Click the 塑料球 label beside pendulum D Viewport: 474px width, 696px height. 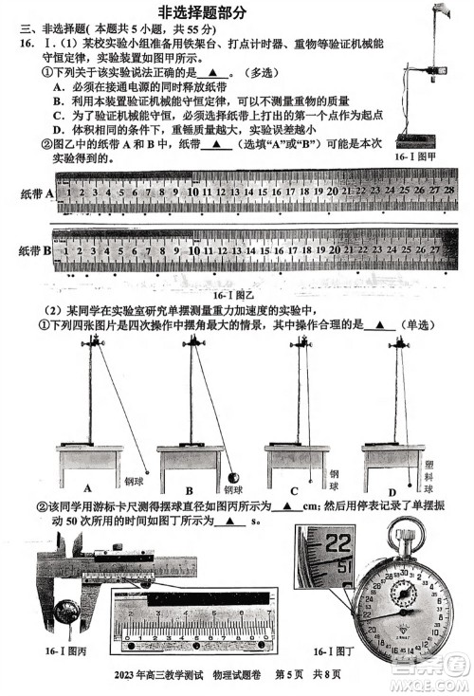click(x=428, y=470)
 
